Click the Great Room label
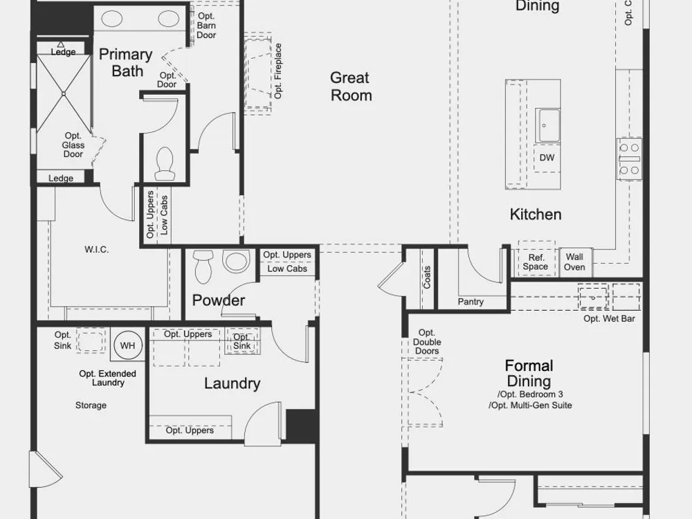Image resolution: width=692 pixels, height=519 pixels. point(351,86)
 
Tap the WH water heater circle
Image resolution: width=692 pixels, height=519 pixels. point(128,345)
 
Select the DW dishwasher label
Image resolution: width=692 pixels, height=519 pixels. point(547,158)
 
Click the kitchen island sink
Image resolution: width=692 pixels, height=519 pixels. point(547,125)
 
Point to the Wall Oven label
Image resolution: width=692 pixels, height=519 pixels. point(574,262)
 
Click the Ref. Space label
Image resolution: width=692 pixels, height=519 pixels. point(536,262)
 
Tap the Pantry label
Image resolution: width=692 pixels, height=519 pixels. point(471,302)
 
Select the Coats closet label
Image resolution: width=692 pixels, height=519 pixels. point(427,277)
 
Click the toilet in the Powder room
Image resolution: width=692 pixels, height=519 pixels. point(203,266)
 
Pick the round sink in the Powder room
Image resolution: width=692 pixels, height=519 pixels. point(236,261)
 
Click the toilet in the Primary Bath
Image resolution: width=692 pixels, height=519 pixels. point(165,163)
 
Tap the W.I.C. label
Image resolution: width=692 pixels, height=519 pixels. point(97,249)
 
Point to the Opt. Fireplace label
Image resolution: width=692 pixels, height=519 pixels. point(277,71)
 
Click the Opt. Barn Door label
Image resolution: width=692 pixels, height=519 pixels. point(206,26)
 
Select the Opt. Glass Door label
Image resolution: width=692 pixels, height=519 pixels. point(73,145)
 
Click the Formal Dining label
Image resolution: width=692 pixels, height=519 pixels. point(529,374)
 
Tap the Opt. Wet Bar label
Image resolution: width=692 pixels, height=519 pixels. point(609,318)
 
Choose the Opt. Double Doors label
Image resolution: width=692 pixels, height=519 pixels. point(427,342)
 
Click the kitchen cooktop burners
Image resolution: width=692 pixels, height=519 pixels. point(629,159)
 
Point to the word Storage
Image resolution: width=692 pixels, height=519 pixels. point(91,405)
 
